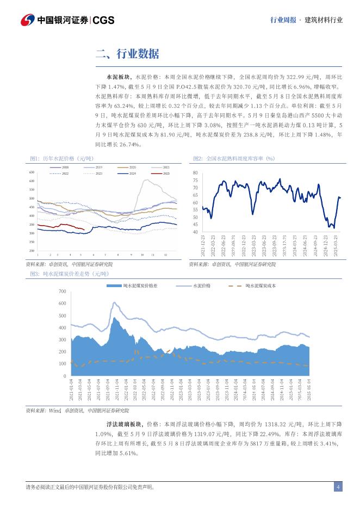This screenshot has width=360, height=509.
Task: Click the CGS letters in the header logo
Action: click(103, 21)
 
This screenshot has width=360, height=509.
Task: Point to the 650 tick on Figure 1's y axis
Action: click(31, 172)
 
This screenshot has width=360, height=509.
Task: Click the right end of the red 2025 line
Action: click(83, 229)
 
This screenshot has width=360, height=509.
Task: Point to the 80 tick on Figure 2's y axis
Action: click(196, 172)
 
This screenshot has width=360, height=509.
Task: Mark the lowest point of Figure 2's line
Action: click(333, 228)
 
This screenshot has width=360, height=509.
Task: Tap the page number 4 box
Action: click(338, 487)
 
